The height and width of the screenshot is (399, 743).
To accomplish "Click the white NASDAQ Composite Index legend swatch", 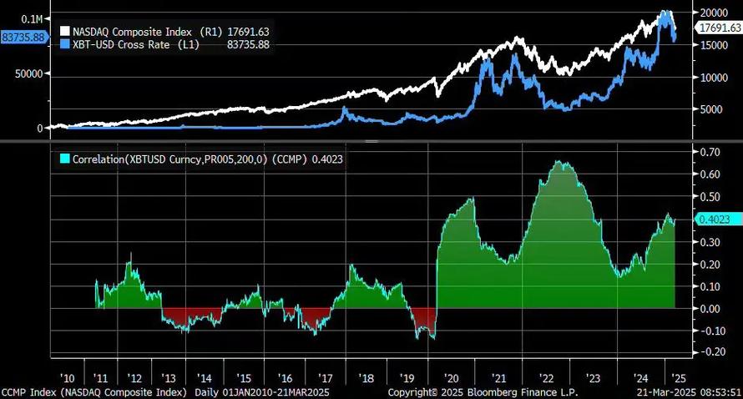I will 66,32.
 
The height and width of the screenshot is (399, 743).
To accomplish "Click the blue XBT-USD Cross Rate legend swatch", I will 66,44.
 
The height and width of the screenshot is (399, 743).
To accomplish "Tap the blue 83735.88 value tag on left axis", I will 23,38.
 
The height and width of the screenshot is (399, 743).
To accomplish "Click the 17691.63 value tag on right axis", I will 719,28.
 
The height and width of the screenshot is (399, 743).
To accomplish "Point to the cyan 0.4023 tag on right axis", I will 716,220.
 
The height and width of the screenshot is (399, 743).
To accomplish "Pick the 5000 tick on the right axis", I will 712,109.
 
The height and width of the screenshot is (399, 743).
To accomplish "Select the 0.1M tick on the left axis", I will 32,18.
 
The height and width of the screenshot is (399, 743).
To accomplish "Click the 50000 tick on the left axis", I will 28,73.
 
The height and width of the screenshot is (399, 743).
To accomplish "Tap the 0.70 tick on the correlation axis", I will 710,153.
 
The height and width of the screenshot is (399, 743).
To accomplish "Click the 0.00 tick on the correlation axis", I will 710,309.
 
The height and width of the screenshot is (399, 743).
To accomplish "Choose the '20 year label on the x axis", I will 454,377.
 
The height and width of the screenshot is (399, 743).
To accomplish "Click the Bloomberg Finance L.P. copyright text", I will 483,391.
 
